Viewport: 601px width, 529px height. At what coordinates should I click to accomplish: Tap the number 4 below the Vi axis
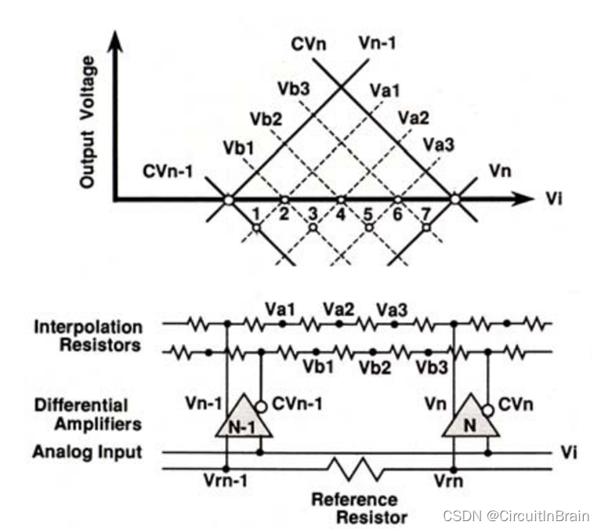coord(342,213)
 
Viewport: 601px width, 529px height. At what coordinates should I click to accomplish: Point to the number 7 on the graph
coord(427,213)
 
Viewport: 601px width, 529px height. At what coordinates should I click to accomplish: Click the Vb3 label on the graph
coord(292,88)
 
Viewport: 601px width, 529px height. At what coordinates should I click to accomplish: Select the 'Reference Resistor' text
coord(357,508)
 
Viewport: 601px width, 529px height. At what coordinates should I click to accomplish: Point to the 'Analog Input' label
coord(87,451)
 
